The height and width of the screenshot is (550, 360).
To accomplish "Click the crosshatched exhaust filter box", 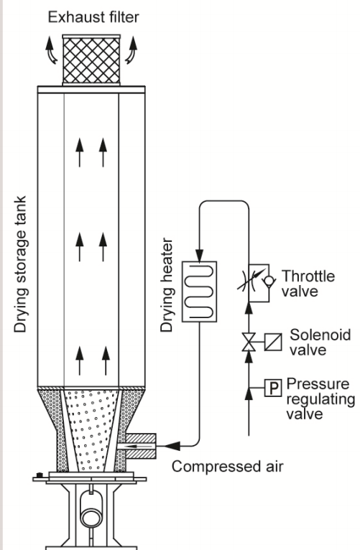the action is click(x=91, y=60).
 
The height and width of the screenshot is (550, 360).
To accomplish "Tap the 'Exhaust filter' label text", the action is click(x=93, y=17).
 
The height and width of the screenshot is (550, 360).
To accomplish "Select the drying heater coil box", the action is click(x=199, y=292).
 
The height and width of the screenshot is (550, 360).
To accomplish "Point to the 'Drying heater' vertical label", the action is click(x=167, y=285).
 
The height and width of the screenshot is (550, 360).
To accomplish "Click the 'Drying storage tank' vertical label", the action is click(x=20, y=264).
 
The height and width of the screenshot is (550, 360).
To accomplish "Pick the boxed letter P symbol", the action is click(x=273, y=388).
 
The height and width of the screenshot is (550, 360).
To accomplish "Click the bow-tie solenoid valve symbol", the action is click(x=249, y=342).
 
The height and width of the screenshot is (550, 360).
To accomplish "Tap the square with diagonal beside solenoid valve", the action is click(x=273, y=342).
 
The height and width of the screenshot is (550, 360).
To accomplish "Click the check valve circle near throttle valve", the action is click(x=269, y=280).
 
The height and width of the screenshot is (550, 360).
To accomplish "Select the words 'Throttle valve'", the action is click(x=308, y=284).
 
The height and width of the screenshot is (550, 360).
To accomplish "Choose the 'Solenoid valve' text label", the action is click(x=320, y=342).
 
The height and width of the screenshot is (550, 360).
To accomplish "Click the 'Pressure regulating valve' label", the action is click(x=320, y=398).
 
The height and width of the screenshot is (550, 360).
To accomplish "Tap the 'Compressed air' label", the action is click(x=227, y=467).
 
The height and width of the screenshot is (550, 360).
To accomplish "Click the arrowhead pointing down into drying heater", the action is click(x=199, y=256).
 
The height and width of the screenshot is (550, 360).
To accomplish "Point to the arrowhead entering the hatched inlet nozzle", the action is click(x=172, y=446).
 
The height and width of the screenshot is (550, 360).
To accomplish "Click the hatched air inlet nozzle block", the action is click(x=141, y=446).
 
